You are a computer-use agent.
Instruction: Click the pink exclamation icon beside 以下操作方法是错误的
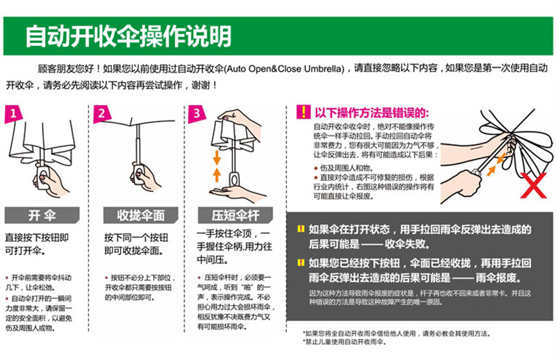(x=303, y=113)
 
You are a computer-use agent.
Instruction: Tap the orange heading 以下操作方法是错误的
(x=373, y=113)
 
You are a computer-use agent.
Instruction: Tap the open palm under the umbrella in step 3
(x=236, y=193)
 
